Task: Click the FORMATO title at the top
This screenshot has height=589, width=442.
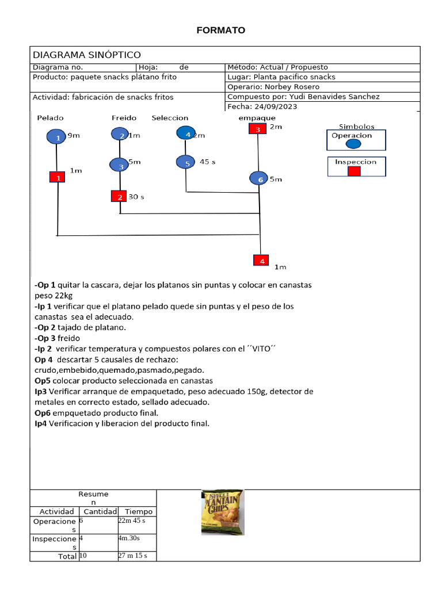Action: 220,30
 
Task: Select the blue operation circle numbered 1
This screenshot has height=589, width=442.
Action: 57,137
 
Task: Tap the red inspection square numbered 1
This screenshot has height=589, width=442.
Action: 58,178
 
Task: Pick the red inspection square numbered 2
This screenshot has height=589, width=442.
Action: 119,197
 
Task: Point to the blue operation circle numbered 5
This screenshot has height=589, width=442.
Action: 186,163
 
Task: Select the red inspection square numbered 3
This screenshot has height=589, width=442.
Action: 257,129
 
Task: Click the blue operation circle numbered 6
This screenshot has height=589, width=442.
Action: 259,179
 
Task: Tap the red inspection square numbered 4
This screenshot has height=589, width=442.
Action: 261,261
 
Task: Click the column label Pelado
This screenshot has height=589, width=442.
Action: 50,118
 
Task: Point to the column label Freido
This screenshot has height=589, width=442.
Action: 124,118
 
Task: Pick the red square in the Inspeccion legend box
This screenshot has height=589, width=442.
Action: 354,171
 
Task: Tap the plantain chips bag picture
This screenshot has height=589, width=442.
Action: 222,512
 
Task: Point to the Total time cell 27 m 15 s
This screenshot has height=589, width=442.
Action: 132,556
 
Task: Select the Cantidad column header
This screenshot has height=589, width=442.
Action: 100,511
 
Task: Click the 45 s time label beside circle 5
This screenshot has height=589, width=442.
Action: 207,162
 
